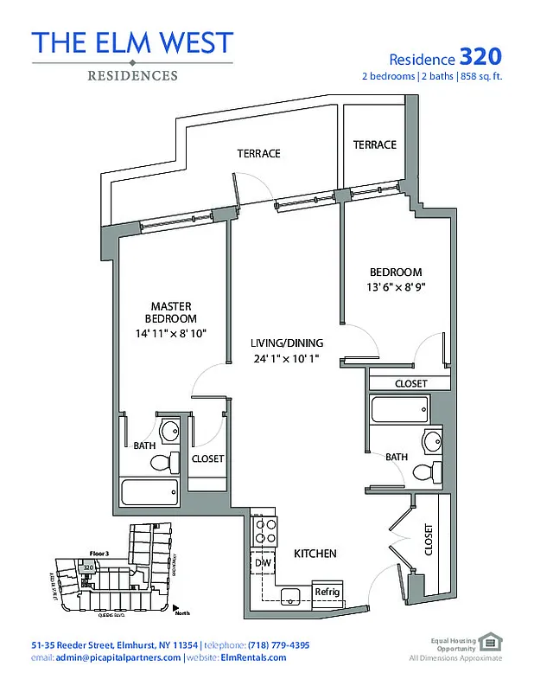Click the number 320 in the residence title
pos(480,58)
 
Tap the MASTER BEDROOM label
pos(171,312)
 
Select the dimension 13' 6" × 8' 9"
pos(396,286)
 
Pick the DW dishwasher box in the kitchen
pos(263,563)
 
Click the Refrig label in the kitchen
pos(327,592)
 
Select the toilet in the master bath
pos(163,463)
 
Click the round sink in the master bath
pos(169,430)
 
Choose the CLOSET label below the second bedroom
pos(410,383)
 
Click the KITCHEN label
pos(315,554)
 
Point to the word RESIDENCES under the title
pos(132,75)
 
